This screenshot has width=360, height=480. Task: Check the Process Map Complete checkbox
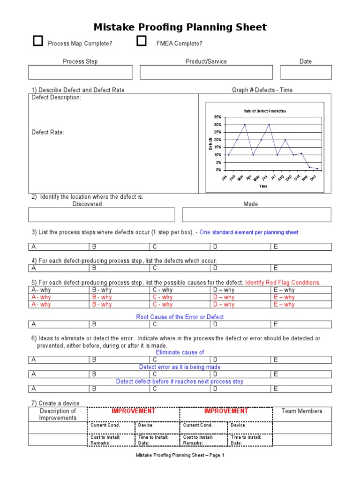coord(38,42)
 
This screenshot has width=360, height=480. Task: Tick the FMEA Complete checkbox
coord(141,42)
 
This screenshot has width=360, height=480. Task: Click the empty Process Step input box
coord(80,72)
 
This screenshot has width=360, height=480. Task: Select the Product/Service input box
coord(206,72)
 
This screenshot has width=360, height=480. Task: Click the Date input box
coord(306,72)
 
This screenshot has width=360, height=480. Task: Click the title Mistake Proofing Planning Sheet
coord(180,27)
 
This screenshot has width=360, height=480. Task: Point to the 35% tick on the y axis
coord(217,117)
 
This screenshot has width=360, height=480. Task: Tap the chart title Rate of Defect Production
coord(264,111)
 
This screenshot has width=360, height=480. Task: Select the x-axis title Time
coord(263,186)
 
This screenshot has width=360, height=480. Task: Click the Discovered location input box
coord(101,215)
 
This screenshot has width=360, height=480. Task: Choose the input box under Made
coord(256,215)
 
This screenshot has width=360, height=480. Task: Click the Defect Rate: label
coord(48,132)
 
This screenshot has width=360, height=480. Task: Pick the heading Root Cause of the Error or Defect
coord(180,317)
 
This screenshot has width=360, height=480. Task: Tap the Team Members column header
coord(302,411)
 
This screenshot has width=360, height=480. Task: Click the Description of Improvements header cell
coord(58,414)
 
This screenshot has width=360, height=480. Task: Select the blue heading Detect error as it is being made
coord(180,367)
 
